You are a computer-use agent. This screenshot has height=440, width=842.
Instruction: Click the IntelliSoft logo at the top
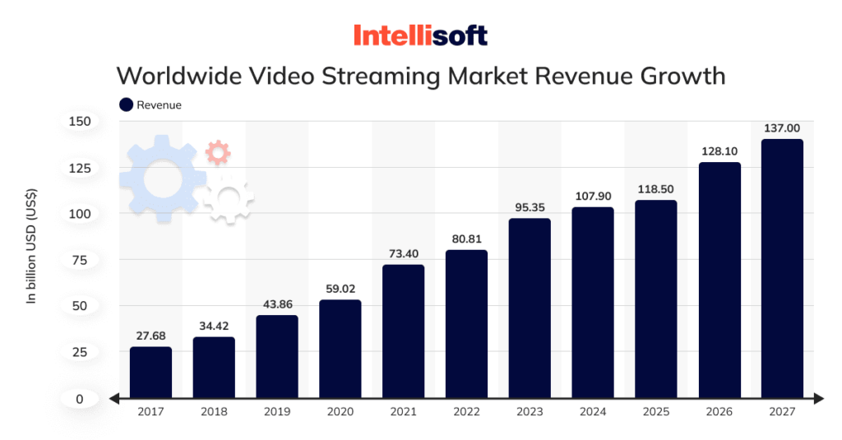pyautogui.click(x=420, y=35)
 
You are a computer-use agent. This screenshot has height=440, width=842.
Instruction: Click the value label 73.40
pyautogui.click(x=403, y=252)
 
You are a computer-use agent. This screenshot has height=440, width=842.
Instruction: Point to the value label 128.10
pyautogui.click(x=719, y=151)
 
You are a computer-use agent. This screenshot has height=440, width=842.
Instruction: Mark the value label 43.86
pyautogui.click(x=277, y=304)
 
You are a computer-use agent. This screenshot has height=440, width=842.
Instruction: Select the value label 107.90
pyautogui.click(x=592, y=197)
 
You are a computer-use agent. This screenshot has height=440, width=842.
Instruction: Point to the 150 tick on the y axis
pyautogui.click(x=80, y=122)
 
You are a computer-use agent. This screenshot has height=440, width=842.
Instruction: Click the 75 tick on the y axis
pyautogui.click(x=80, y=260)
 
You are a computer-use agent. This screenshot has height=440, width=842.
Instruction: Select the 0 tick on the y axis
pyautogui.click(x=80, y=399)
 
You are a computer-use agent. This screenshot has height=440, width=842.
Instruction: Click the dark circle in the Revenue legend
pyautogui.click(x=126, y=104)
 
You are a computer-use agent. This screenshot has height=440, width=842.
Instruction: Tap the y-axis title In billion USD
pyautogui.click(x=32, y=247)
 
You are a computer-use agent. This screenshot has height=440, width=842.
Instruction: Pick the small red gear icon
pyautogui.click(x=218, y=151)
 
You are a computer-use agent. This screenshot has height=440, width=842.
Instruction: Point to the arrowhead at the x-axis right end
pyautogui.click(x=818, y=399)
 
